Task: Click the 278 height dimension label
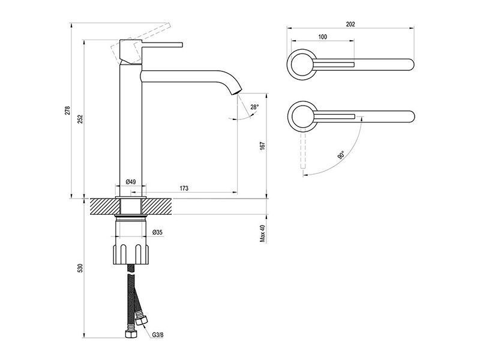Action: click(x=68, y=110)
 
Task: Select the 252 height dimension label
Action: click(x=80, y=119)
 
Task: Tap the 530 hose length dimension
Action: click(x=80, y=268)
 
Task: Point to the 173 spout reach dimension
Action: click(x=184, y=188)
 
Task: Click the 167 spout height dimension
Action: click(x=263, y=146)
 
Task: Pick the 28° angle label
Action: click(x=254, y=107)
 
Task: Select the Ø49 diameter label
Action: click(x=131, y=182)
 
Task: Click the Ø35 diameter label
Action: click(x=157, y=233)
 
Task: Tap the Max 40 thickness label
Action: click(x=263, y=234)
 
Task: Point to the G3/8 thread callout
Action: click(x=158, y=335)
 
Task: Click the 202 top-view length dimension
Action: click(x=350, y=24)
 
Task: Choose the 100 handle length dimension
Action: click(x=323, y=37)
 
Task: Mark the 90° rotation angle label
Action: click(x=341, y=155)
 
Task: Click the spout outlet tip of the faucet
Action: click(x=236, y=92)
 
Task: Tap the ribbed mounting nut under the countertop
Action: click(x=131, y=254)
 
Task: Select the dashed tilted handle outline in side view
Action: click(x=140, y=43)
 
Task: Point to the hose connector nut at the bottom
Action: click(x=131, y=334)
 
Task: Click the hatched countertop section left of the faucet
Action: click(x=104, y=206)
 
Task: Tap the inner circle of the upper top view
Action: click(x=302, y=65)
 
